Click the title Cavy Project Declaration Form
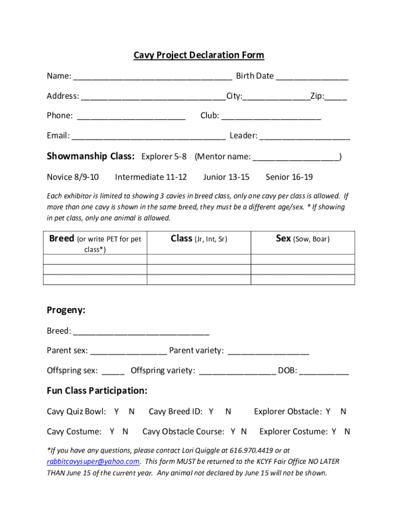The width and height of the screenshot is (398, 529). coord(199,55)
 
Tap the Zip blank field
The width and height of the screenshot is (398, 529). coord(336,97)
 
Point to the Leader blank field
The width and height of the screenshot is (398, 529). coord(304,137)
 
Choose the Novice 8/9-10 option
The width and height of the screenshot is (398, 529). coord(73,177)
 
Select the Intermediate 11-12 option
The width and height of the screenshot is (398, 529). coord(151,177)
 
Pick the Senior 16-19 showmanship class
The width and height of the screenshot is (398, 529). coord(289,177)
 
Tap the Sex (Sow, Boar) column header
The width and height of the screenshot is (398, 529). coord(302,239)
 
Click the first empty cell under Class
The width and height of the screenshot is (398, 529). coord(198,259)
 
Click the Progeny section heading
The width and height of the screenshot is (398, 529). coord(66,310)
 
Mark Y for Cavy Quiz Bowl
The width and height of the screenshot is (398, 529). coord(117,412)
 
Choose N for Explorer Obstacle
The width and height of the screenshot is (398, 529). coord(343,412)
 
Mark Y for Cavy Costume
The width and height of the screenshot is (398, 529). coord(112,431)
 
